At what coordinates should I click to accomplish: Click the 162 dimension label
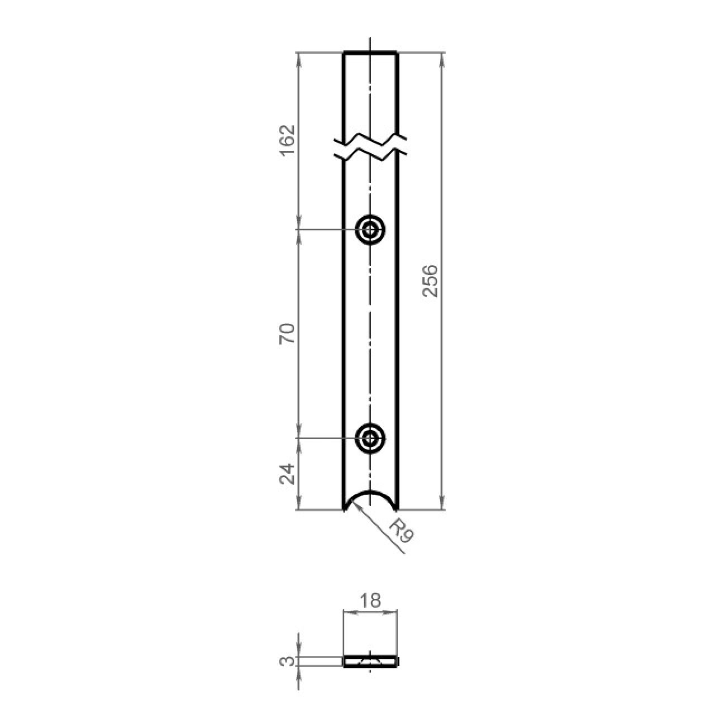[x=287, y=141]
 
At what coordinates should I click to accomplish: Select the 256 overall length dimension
[x=431, y=281]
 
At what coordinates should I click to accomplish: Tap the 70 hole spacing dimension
[x=287, y=333]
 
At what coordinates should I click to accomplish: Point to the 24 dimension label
[x=287, y=474]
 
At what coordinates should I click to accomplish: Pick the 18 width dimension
[x=370, y=600]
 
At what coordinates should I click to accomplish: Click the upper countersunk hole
[x=370, y=230]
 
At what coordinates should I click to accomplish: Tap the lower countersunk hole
[x=370, y=438]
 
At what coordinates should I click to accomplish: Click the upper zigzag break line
[x=370, y=139]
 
